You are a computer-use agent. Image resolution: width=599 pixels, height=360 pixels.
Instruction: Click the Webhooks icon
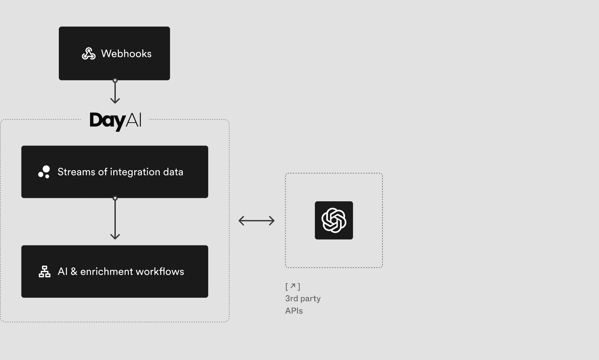(x=89, y=54)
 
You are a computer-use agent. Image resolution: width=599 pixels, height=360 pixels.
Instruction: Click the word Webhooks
(x=126, y=54)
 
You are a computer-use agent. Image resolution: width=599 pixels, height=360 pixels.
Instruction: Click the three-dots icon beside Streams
(x=44, y=172)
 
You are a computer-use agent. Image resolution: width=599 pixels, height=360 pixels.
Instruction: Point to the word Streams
(x=76, y=172)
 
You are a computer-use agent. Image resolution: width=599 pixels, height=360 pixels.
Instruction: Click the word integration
(x=135, y=172)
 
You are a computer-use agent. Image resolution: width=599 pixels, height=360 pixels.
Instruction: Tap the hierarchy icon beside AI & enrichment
(x=45, y=272)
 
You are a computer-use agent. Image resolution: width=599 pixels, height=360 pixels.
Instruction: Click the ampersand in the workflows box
(x=74, y=272)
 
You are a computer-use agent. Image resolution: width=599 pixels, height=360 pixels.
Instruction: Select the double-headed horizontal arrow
(x=256, y=221)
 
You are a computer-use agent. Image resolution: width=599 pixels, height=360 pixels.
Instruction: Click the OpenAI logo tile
(x=334, y=220)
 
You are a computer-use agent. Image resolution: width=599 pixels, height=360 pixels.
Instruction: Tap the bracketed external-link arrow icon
(x=293, y=286)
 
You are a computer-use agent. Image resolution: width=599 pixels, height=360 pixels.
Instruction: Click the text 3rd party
(x=303, y=298)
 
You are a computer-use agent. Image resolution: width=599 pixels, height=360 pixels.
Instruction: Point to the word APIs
(x=294, y=311)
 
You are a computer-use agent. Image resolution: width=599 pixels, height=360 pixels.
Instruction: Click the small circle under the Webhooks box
(x=115, y=81)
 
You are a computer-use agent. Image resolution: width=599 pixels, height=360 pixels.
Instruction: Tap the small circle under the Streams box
(x=115, y=198)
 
